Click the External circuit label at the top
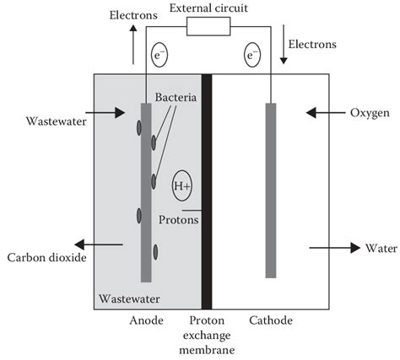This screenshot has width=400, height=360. (210, 8)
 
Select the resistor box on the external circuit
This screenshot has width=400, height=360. (208, 28)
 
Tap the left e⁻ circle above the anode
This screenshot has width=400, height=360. (158, 56)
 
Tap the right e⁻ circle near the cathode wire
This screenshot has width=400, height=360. (251, 56)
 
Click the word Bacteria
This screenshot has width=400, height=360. (176, 99)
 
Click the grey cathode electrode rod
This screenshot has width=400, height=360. (270, 190)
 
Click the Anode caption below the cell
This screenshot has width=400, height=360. (147, 321)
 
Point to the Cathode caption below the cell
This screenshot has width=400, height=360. (271, 321)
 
